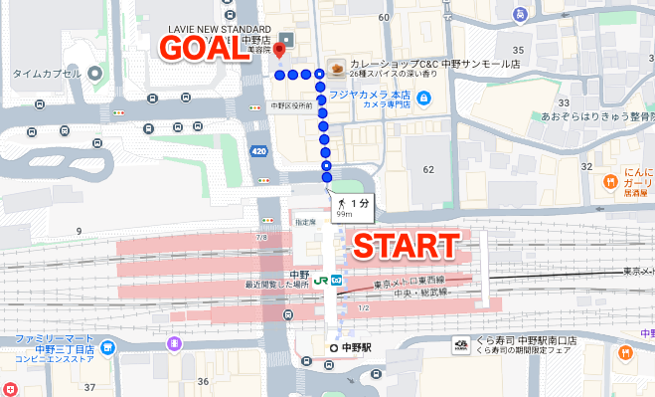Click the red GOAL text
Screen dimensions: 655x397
click(x=206, y=49)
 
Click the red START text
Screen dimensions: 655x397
click(x=407, y=247)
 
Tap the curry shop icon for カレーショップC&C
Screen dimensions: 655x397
click(x=337, y=68)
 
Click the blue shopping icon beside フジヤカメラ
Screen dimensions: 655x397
click(x=423, y=99)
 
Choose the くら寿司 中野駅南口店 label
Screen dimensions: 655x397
click(x=527, y=340)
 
